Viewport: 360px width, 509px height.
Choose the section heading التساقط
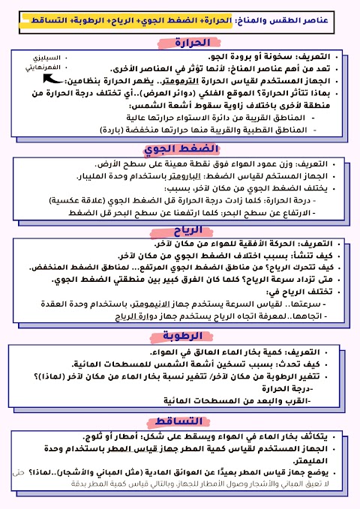[x=180, y=422]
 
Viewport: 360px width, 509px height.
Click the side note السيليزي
[x=34, y=58]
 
